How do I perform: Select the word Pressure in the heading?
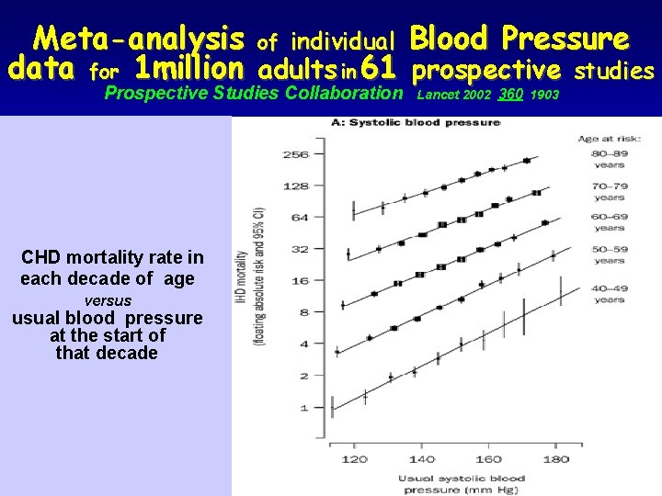[x=565, y=39]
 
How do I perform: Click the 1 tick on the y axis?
[x=304, y=407]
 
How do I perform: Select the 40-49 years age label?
[x=610, y=292]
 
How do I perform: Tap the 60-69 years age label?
[x=610, y=221]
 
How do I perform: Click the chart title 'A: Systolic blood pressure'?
[x=441, y=123]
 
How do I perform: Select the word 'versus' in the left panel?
[x=108, y=300]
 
